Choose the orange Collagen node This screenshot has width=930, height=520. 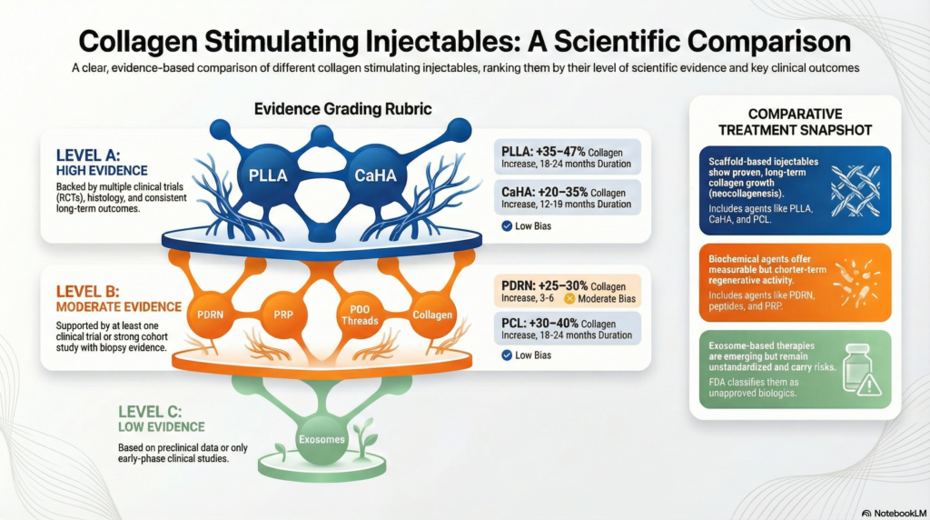[431, 315]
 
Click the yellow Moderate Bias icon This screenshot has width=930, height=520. [570, 297]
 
